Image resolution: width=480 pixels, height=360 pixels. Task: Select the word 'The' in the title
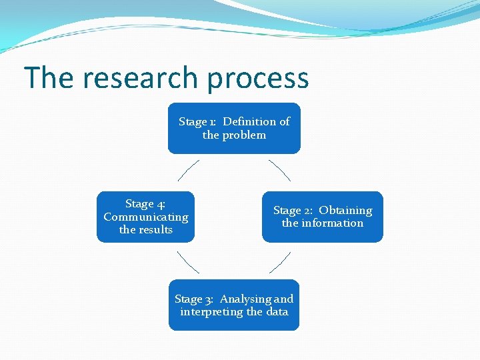(49, 78)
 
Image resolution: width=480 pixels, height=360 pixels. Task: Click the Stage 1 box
(234, 128)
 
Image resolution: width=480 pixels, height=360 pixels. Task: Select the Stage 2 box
(323, 217)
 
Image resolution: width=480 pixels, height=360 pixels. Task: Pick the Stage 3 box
(234, 305)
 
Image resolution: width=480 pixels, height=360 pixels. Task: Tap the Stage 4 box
(146, 217)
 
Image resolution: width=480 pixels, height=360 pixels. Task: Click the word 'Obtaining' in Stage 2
(345, 210)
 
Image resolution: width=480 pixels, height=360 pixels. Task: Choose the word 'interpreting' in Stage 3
(211, 312)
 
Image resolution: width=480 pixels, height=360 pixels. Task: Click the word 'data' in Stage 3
(277, 312)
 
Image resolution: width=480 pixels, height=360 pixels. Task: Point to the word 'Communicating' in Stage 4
(146, 217)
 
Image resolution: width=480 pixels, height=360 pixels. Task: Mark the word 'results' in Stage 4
(155, 230)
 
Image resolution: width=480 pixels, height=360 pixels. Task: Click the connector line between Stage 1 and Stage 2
(279, 171)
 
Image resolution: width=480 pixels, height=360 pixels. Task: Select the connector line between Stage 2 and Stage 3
(279, 263)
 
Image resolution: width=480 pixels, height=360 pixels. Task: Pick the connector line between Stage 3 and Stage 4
(189, 263)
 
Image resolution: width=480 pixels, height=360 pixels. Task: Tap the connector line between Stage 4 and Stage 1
(189, 171)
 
